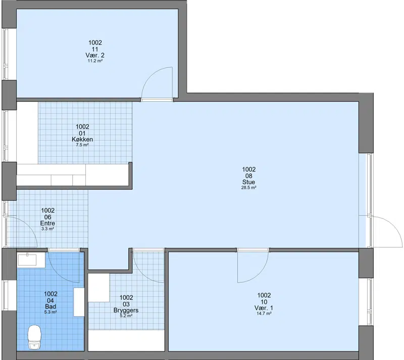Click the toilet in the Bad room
click(34, 337)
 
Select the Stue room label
click(248, 182)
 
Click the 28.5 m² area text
click(248, 188)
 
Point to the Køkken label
click(82, 140)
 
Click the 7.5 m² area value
click(82, 145)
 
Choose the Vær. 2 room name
click(95, 56)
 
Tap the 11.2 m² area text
click(95, 61)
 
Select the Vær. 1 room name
click(264, 308)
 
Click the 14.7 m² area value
click(264, 313)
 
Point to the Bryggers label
click(126, 310)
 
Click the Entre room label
click(47, 223)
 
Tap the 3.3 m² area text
click(47, 229)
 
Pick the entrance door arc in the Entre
click(28, 224)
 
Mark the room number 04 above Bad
click(50, 300)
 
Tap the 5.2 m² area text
click(126, 316)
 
